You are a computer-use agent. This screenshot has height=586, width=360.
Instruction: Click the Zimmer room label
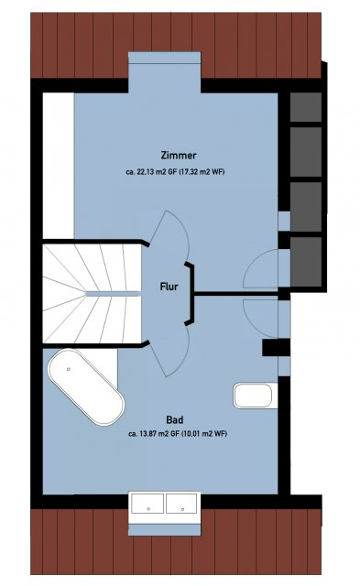(179, 155)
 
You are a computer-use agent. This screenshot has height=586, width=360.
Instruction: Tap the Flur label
(169, 287)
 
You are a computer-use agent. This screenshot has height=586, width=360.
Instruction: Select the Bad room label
(175, 420)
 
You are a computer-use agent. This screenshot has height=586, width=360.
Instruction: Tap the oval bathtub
(86, 387)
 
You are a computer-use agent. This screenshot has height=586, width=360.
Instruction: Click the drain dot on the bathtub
(69, 369)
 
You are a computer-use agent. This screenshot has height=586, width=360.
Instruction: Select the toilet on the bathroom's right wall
(255, 396)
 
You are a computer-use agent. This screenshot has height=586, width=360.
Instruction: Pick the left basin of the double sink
(148, 504)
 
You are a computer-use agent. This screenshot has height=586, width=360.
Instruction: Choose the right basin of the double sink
(181, 504)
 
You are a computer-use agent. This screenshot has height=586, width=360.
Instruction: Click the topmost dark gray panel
(306, 107)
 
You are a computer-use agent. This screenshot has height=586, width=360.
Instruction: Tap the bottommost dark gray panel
(306, 262)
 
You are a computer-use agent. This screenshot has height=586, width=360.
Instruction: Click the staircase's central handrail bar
(114, 294)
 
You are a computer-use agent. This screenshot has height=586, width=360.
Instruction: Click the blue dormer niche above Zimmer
(165, 72)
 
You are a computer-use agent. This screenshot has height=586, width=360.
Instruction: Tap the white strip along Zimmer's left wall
(59, 166)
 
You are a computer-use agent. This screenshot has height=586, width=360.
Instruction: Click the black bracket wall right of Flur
(191, 293)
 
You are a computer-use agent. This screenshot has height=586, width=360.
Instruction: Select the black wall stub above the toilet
(276, 348)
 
